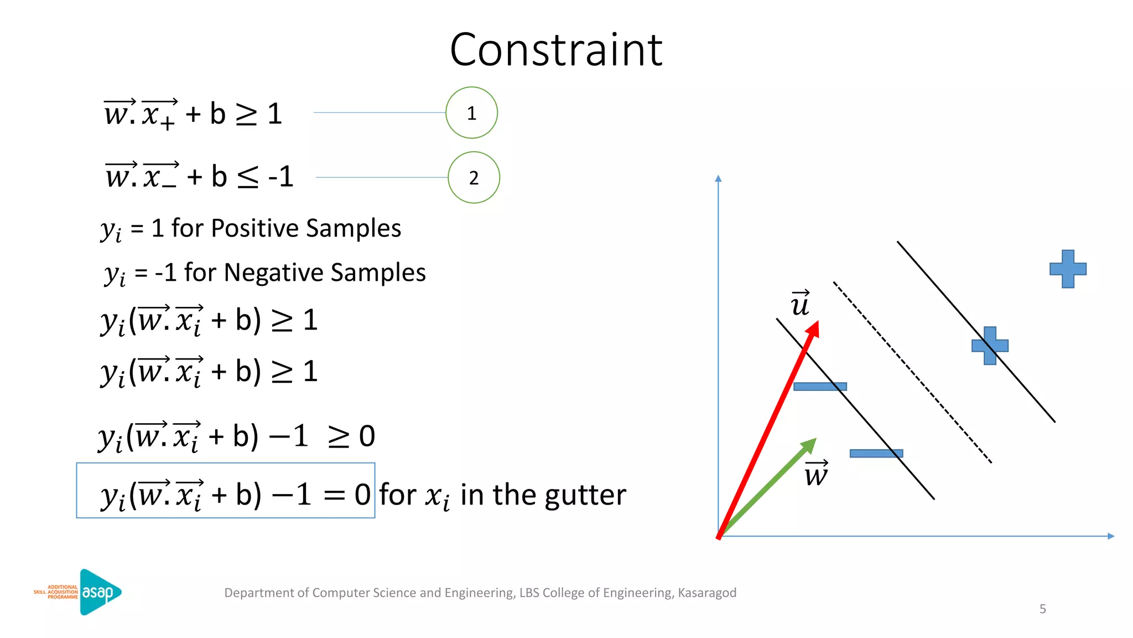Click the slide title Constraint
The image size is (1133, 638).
coord(556,50)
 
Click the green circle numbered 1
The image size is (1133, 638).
coord(471,113)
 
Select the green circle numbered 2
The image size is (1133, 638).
coord(474,178)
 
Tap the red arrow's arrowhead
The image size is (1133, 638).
coord(813,330)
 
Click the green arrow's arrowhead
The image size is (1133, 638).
coord(810,445)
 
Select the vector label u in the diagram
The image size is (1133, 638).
coord(800,304)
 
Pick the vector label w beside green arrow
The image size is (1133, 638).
coord(816,474)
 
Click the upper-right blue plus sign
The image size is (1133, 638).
coord(1068,269)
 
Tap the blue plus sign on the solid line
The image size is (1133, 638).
coord(990,346)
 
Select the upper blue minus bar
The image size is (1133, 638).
coord(820,387)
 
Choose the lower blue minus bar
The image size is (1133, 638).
coord(876,454)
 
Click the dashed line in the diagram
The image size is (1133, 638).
coord(913,372)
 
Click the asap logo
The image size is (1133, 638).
coord(100,592)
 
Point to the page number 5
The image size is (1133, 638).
coord(1042,609)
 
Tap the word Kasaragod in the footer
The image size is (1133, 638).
coord(707,593)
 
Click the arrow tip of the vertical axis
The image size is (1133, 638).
coord(718,178)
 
